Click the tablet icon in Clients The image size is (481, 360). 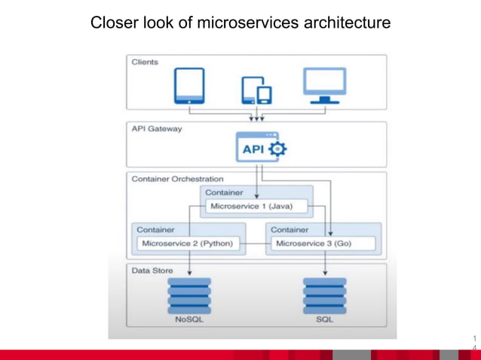point(188,86)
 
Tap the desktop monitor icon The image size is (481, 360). point(324,85)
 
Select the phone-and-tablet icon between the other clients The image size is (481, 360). point(256,90)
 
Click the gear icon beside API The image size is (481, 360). point(278,149)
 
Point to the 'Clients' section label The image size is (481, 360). point(145,62)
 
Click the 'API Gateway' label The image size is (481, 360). point(157,129)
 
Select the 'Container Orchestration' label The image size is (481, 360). point(177,179)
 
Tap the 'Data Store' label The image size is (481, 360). point(152,270)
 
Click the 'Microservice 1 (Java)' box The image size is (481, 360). point(252,206)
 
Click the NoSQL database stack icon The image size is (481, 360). point(189,294)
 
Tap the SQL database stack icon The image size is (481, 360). point(324,294)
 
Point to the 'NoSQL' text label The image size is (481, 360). point(189,319)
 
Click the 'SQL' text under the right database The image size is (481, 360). point(324,319)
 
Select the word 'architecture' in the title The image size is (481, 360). point(347,23)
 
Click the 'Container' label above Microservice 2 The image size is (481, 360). point(155,229)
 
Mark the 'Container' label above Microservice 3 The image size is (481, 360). point(289,229)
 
